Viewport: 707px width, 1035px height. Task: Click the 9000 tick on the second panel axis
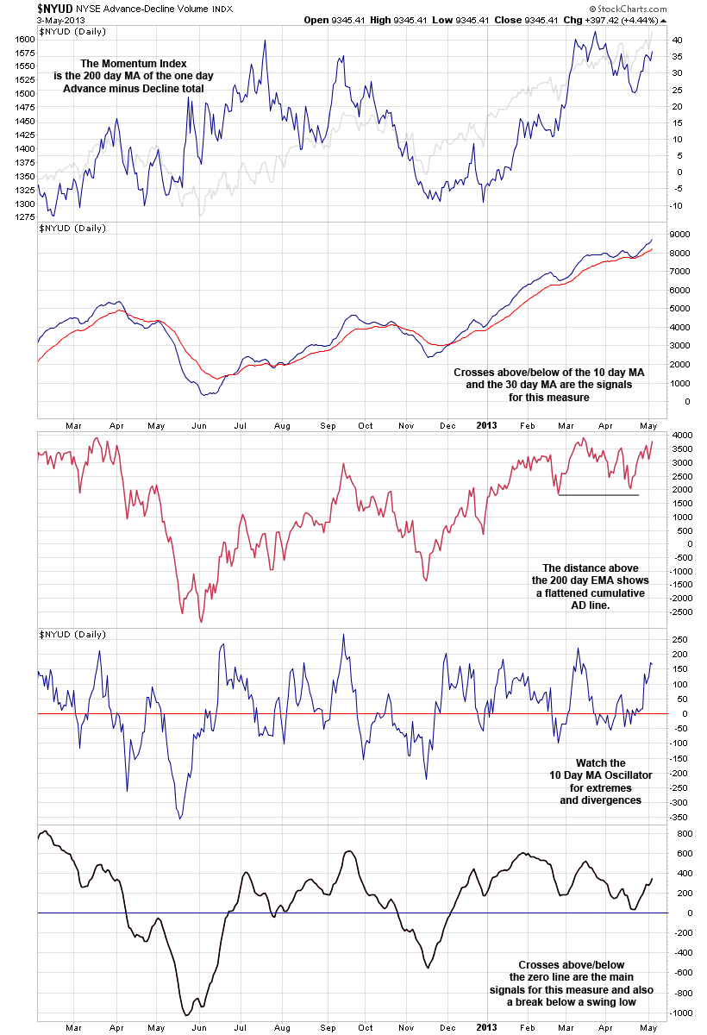(678, 235)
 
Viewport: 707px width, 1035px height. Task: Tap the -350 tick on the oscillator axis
(679, 817)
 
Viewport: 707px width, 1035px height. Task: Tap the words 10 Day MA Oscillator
(601, 775)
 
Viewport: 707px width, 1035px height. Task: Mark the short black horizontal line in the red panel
(598, 495)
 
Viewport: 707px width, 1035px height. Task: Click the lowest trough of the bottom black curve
(187, 1014)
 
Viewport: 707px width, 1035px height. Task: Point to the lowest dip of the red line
(201, 621)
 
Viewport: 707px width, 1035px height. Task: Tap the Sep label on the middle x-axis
(328, 425)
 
